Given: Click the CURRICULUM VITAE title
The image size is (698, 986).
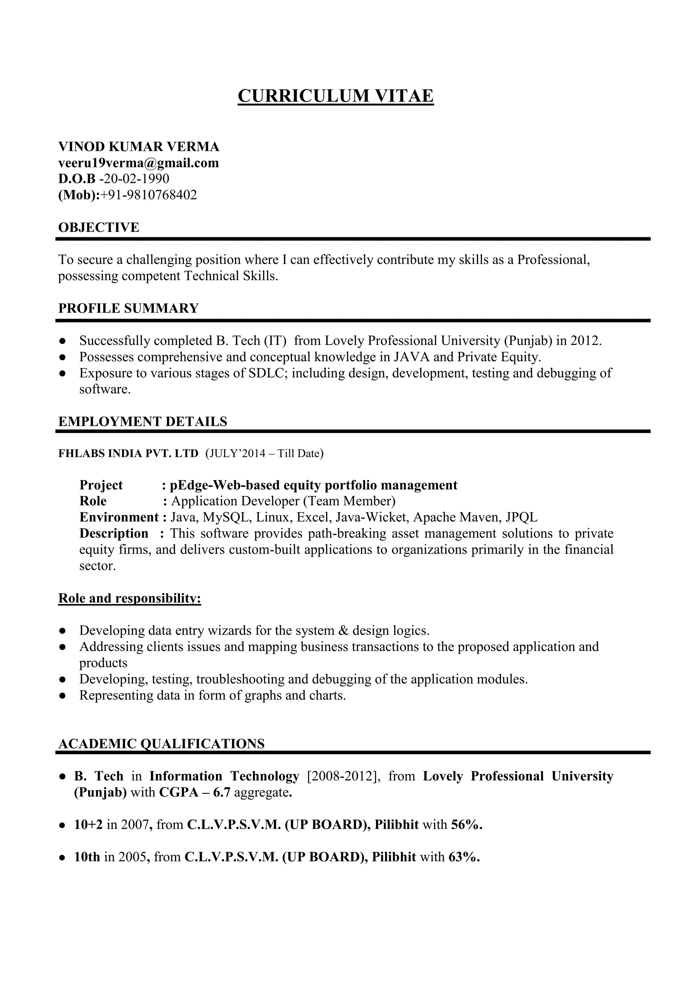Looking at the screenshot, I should tap(336, 95).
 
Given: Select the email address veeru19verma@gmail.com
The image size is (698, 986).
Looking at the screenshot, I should tap(138, 163).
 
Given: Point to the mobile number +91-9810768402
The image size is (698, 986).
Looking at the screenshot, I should tap(149, 195).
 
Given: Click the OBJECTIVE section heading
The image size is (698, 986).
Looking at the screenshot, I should tap(98, 227).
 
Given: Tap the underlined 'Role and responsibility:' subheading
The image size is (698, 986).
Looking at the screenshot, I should tap(130, 598).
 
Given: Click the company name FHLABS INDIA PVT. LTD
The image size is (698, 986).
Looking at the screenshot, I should tap(128, 454).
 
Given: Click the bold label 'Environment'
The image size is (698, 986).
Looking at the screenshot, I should tap(119, 517).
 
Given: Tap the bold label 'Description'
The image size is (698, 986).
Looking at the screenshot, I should tap(113, 534).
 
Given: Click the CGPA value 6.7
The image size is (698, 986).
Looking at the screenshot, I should tap(222, 792).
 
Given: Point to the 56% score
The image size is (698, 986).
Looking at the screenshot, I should tap(466, 825).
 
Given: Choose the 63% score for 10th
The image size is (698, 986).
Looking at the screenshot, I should tap(463, 857).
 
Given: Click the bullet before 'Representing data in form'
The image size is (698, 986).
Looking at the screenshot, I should tap(62, 695).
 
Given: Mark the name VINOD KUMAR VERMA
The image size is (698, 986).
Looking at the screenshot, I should tap(138, 147).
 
